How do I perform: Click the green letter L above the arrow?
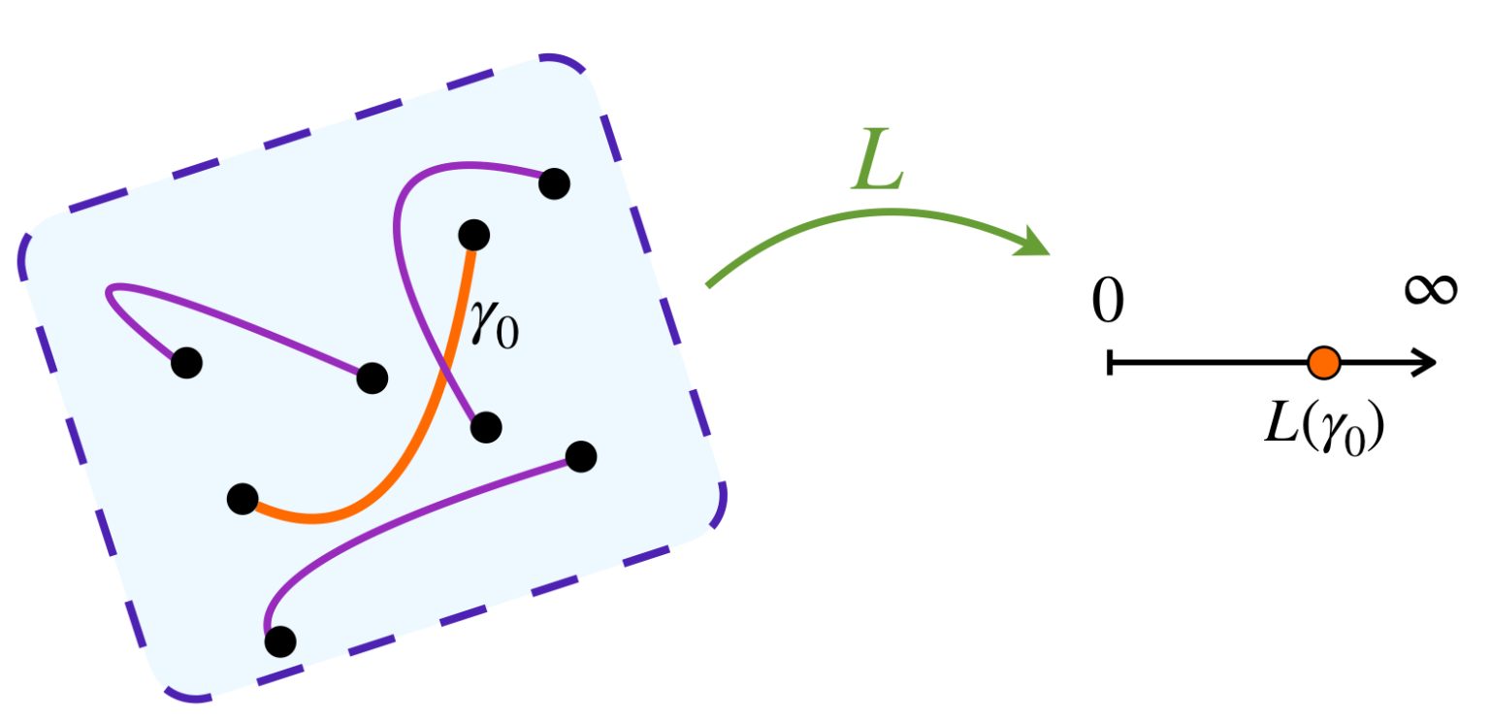878,164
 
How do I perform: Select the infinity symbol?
1431,289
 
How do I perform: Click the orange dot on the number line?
1323,363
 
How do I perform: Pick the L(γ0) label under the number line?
1322,426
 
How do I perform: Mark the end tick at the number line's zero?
1110,363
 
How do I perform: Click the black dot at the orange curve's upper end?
473,234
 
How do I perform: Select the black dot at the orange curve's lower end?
242,499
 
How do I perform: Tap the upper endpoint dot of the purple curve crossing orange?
553,182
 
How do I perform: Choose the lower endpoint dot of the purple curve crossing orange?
485,426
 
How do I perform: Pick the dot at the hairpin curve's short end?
186,363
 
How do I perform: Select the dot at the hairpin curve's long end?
372,377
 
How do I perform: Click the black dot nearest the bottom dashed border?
280,640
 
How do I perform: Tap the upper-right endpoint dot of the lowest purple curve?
580,455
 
